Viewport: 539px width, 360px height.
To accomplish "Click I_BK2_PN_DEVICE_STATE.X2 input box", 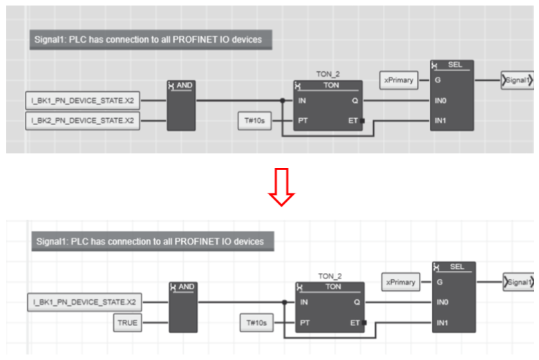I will [83, 122].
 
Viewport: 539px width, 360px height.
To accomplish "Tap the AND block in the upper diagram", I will [182, 105].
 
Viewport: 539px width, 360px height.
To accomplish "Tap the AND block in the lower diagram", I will [182, 307].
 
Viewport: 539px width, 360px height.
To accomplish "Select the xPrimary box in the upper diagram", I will [399, 80].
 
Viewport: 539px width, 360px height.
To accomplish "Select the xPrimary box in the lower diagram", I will [401, 282].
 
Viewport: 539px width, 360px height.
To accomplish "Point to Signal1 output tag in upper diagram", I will [517, 81].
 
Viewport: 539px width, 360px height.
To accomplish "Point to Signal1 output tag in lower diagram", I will [518, 282].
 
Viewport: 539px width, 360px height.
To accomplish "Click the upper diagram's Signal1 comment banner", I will [149, 39].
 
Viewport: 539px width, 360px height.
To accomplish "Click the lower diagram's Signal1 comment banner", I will [151, 242].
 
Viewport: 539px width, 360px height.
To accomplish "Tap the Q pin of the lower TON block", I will [354, 302].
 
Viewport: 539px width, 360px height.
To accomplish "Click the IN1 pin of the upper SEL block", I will [441, 121].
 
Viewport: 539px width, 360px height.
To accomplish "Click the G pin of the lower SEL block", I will [442, 282].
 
